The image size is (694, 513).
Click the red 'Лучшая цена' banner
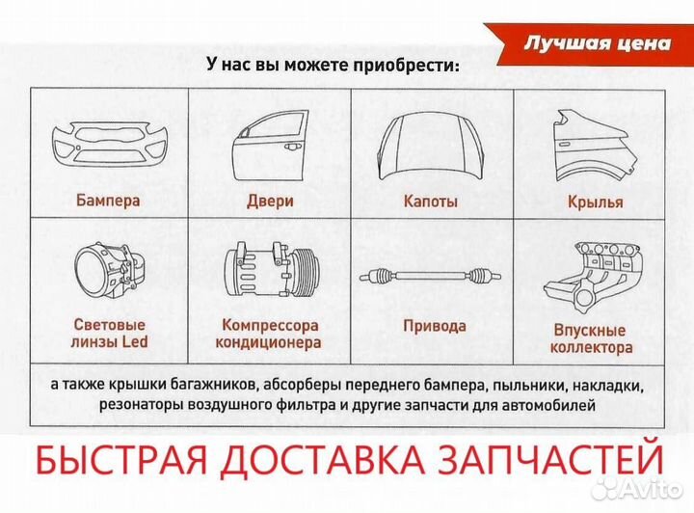pyautogui.click(x=596, y=44)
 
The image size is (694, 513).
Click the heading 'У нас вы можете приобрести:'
pyautogui.click(x=334, y=66)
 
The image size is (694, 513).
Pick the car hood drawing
pyautogui.click(x=430, y=143)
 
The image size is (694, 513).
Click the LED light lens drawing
pyautogui.click(x=107, y=272)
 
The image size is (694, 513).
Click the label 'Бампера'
pyautogui.click(x=108, y=202)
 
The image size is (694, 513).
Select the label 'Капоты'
pyautogui.click(x=430, y=202)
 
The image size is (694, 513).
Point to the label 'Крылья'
pyautogui.click(x=595, y=202)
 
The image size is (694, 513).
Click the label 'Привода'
pyautogui.click(x=434, y=326)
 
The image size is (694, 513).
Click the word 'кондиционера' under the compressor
pyautogui.click(x=268, y=342)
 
